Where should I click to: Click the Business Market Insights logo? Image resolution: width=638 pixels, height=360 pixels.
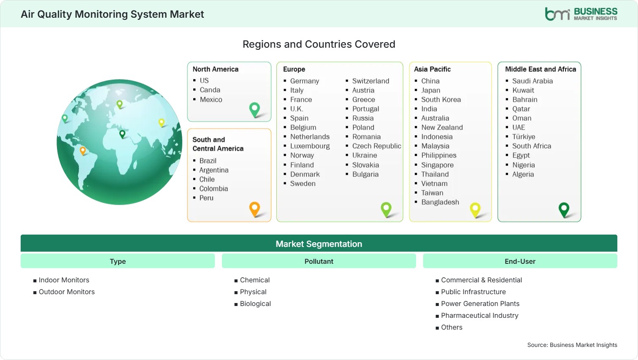(x=581, y=14)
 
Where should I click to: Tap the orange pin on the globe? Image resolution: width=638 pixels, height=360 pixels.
(x=83, y=151)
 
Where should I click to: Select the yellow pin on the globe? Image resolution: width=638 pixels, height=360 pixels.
(x=162, y=122)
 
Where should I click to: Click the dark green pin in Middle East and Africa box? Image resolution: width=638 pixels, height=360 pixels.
(x=564, y=210)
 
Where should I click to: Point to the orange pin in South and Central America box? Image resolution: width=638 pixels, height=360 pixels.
(x=254, y=209)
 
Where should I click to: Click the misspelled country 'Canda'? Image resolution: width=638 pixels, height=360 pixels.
(x=210, y=90)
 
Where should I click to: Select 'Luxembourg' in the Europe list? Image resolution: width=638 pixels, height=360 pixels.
(x=310, y=146)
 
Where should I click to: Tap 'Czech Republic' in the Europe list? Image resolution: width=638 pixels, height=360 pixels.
(x=376, y=146)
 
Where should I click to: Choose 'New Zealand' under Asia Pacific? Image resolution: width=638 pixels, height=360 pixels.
(x=442, y=127)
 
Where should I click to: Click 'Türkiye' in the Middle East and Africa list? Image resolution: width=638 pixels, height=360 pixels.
(x=524, y=137)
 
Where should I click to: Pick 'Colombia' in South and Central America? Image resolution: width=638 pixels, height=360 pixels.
(x=214, y=189)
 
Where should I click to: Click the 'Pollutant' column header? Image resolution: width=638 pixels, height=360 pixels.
(x=319, y=261)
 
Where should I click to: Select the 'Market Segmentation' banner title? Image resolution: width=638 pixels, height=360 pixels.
(x=319, y=244)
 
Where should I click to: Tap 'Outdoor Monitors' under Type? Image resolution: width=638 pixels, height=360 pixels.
(x=67, y=292)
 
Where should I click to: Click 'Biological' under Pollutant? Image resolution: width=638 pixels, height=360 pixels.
(x=255, y=303)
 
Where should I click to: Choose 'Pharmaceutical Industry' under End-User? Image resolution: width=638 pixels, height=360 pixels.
(x=480, y=316)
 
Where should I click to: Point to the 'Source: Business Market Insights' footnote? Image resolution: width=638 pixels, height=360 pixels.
(x=572, y=345)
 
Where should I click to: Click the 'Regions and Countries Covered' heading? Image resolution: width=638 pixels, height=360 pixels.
(x=319, y=44)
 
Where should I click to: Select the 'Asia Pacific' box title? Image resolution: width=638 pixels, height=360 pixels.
(x=432, y=69)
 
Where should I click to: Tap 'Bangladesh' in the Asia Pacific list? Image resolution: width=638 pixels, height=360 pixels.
(x=440, y=202)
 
